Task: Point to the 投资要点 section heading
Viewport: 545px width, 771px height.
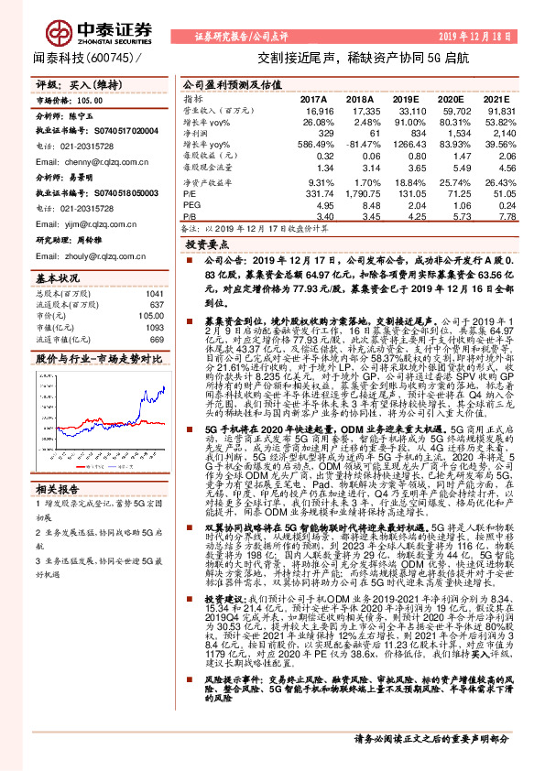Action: coord(206,245)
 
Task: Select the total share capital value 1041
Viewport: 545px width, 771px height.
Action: coord(155,294)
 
